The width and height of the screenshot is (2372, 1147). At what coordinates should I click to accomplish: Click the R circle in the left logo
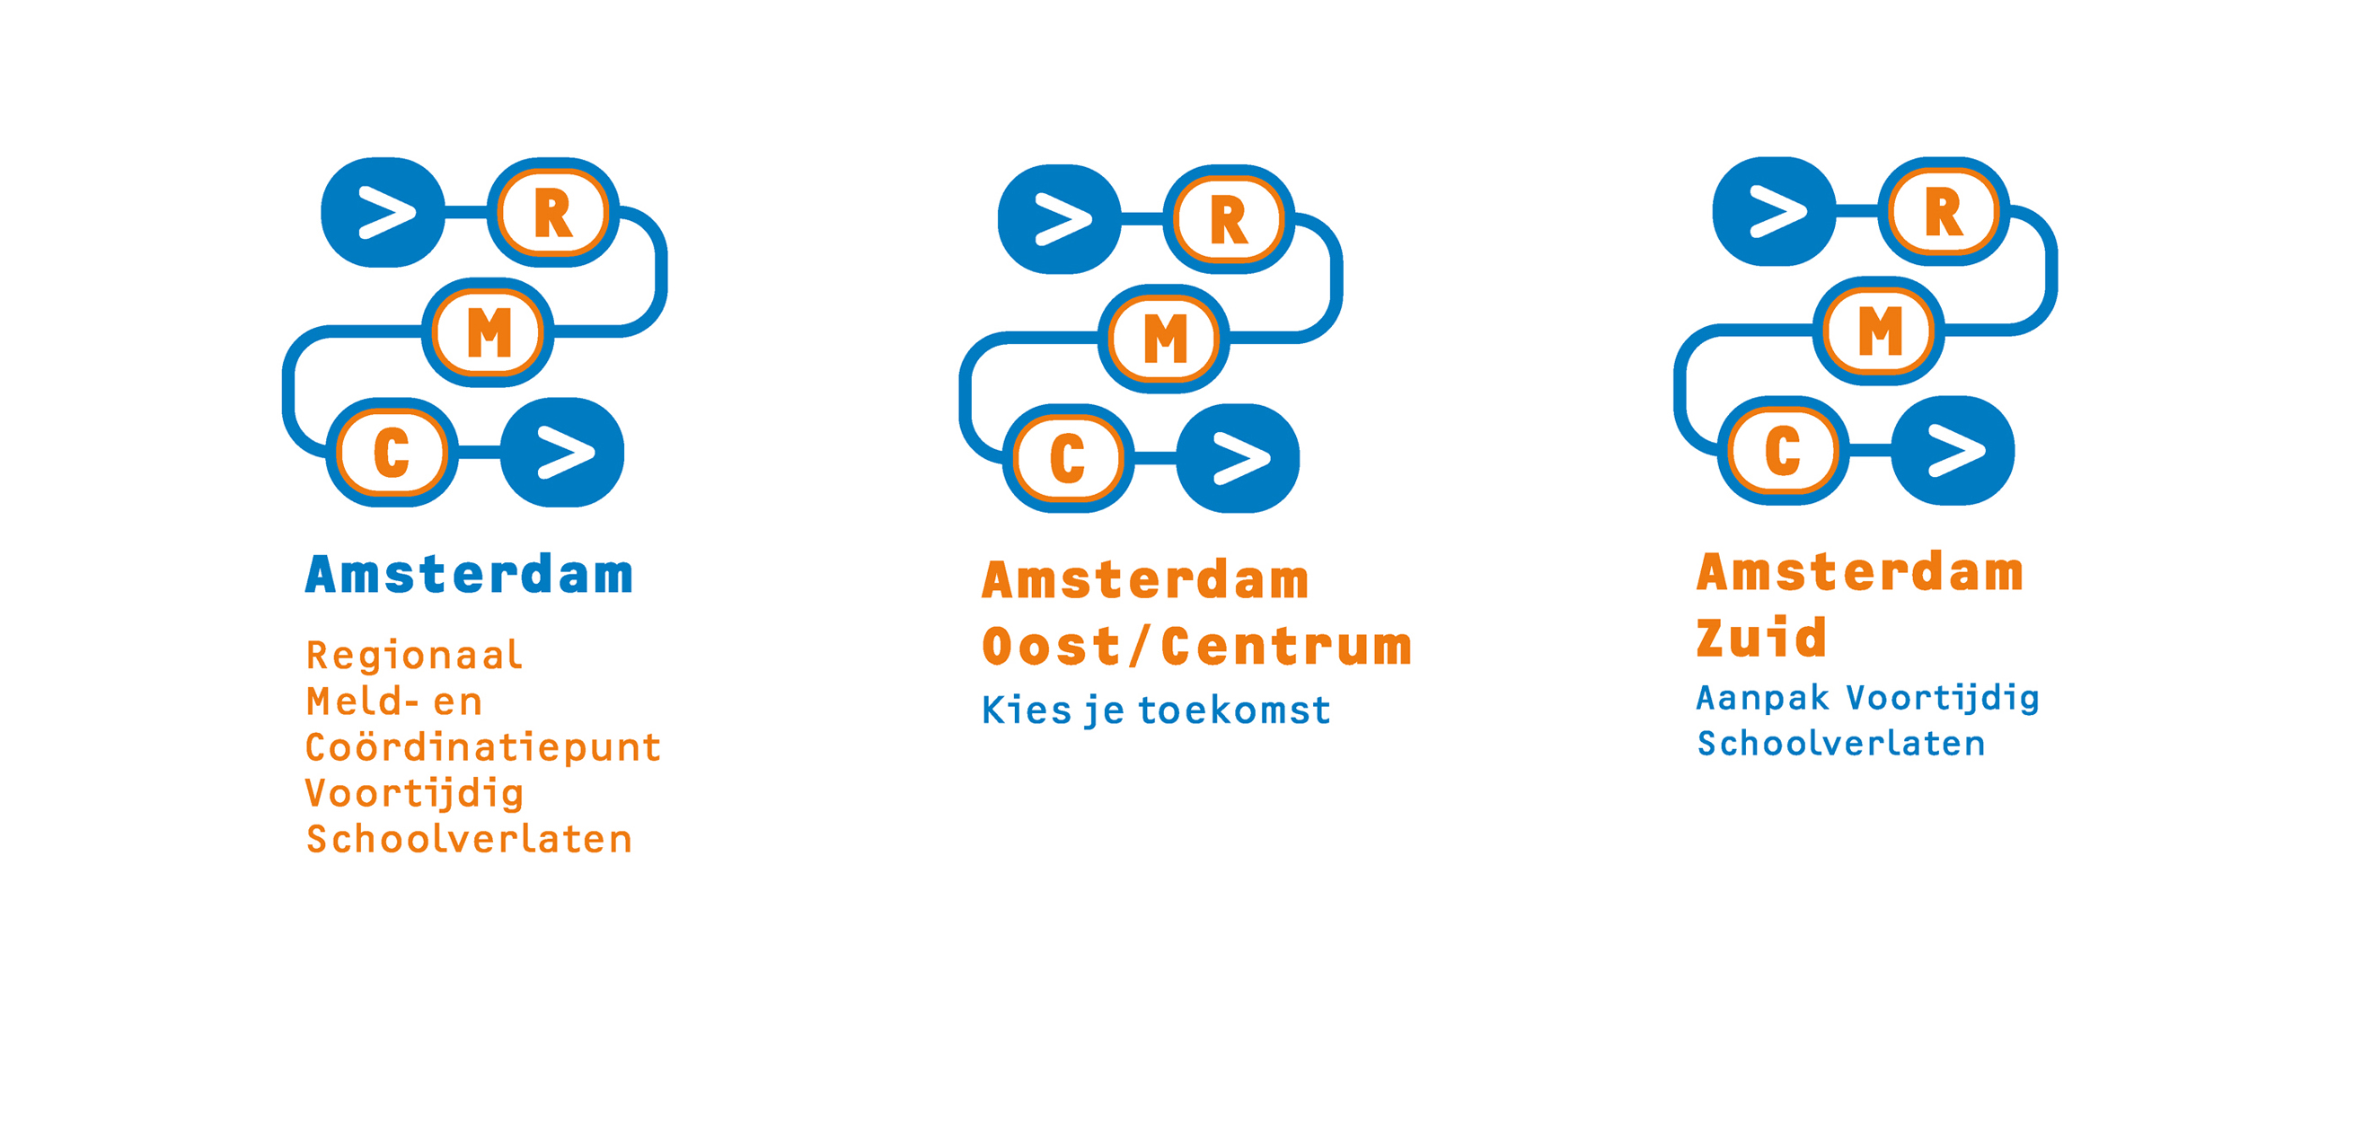[552, 213]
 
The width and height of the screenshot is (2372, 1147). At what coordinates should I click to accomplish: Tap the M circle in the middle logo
[1165, 339]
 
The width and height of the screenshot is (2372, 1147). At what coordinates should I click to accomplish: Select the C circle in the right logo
[1783, 450]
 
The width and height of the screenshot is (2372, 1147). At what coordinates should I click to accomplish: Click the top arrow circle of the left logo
[383, 213]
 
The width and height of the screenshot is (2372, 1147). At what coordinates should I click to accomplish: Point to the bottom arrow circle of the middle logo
[1239, 458]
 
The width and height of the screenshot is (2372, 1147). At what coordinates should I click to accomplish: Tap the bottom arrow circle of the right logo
[1953, 450]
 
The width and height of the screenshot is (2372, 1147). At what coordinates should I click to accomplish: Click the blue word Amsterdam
[470, 575]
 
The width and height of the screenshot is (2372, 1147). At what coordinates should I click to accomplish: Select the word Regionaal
[414, 657]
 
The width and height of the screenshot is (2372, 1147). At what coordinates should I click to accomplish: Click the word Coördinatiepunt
[483, 746]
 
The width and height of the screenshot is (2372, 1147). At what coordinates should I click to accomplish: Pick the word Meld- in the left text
[363, 701]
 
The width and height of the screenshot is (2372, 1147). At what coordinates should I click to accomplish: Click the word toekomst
[1235, 710]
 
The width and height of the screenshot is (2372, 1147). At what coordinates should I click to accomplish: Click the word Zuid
[1761, 637]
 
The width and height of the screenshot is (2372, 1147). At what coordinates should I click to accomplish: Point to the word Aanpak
[1762, 699]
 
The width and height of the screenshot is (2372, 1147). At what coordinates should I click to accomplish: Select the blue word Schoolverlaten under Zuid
[1840, 744]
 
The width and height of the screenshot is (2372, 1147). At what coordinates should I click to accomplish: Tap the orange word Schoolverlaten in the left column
[470, 840]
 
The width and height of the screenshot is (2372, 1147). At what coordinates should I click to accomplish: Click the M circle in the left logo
[488, 332]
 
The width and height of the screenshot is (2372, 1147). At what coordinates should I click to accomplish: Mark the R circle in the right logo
[1944, 212]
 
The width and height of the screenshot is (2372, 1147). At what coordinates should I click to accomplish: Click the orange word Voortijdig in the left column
[414, 794]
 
